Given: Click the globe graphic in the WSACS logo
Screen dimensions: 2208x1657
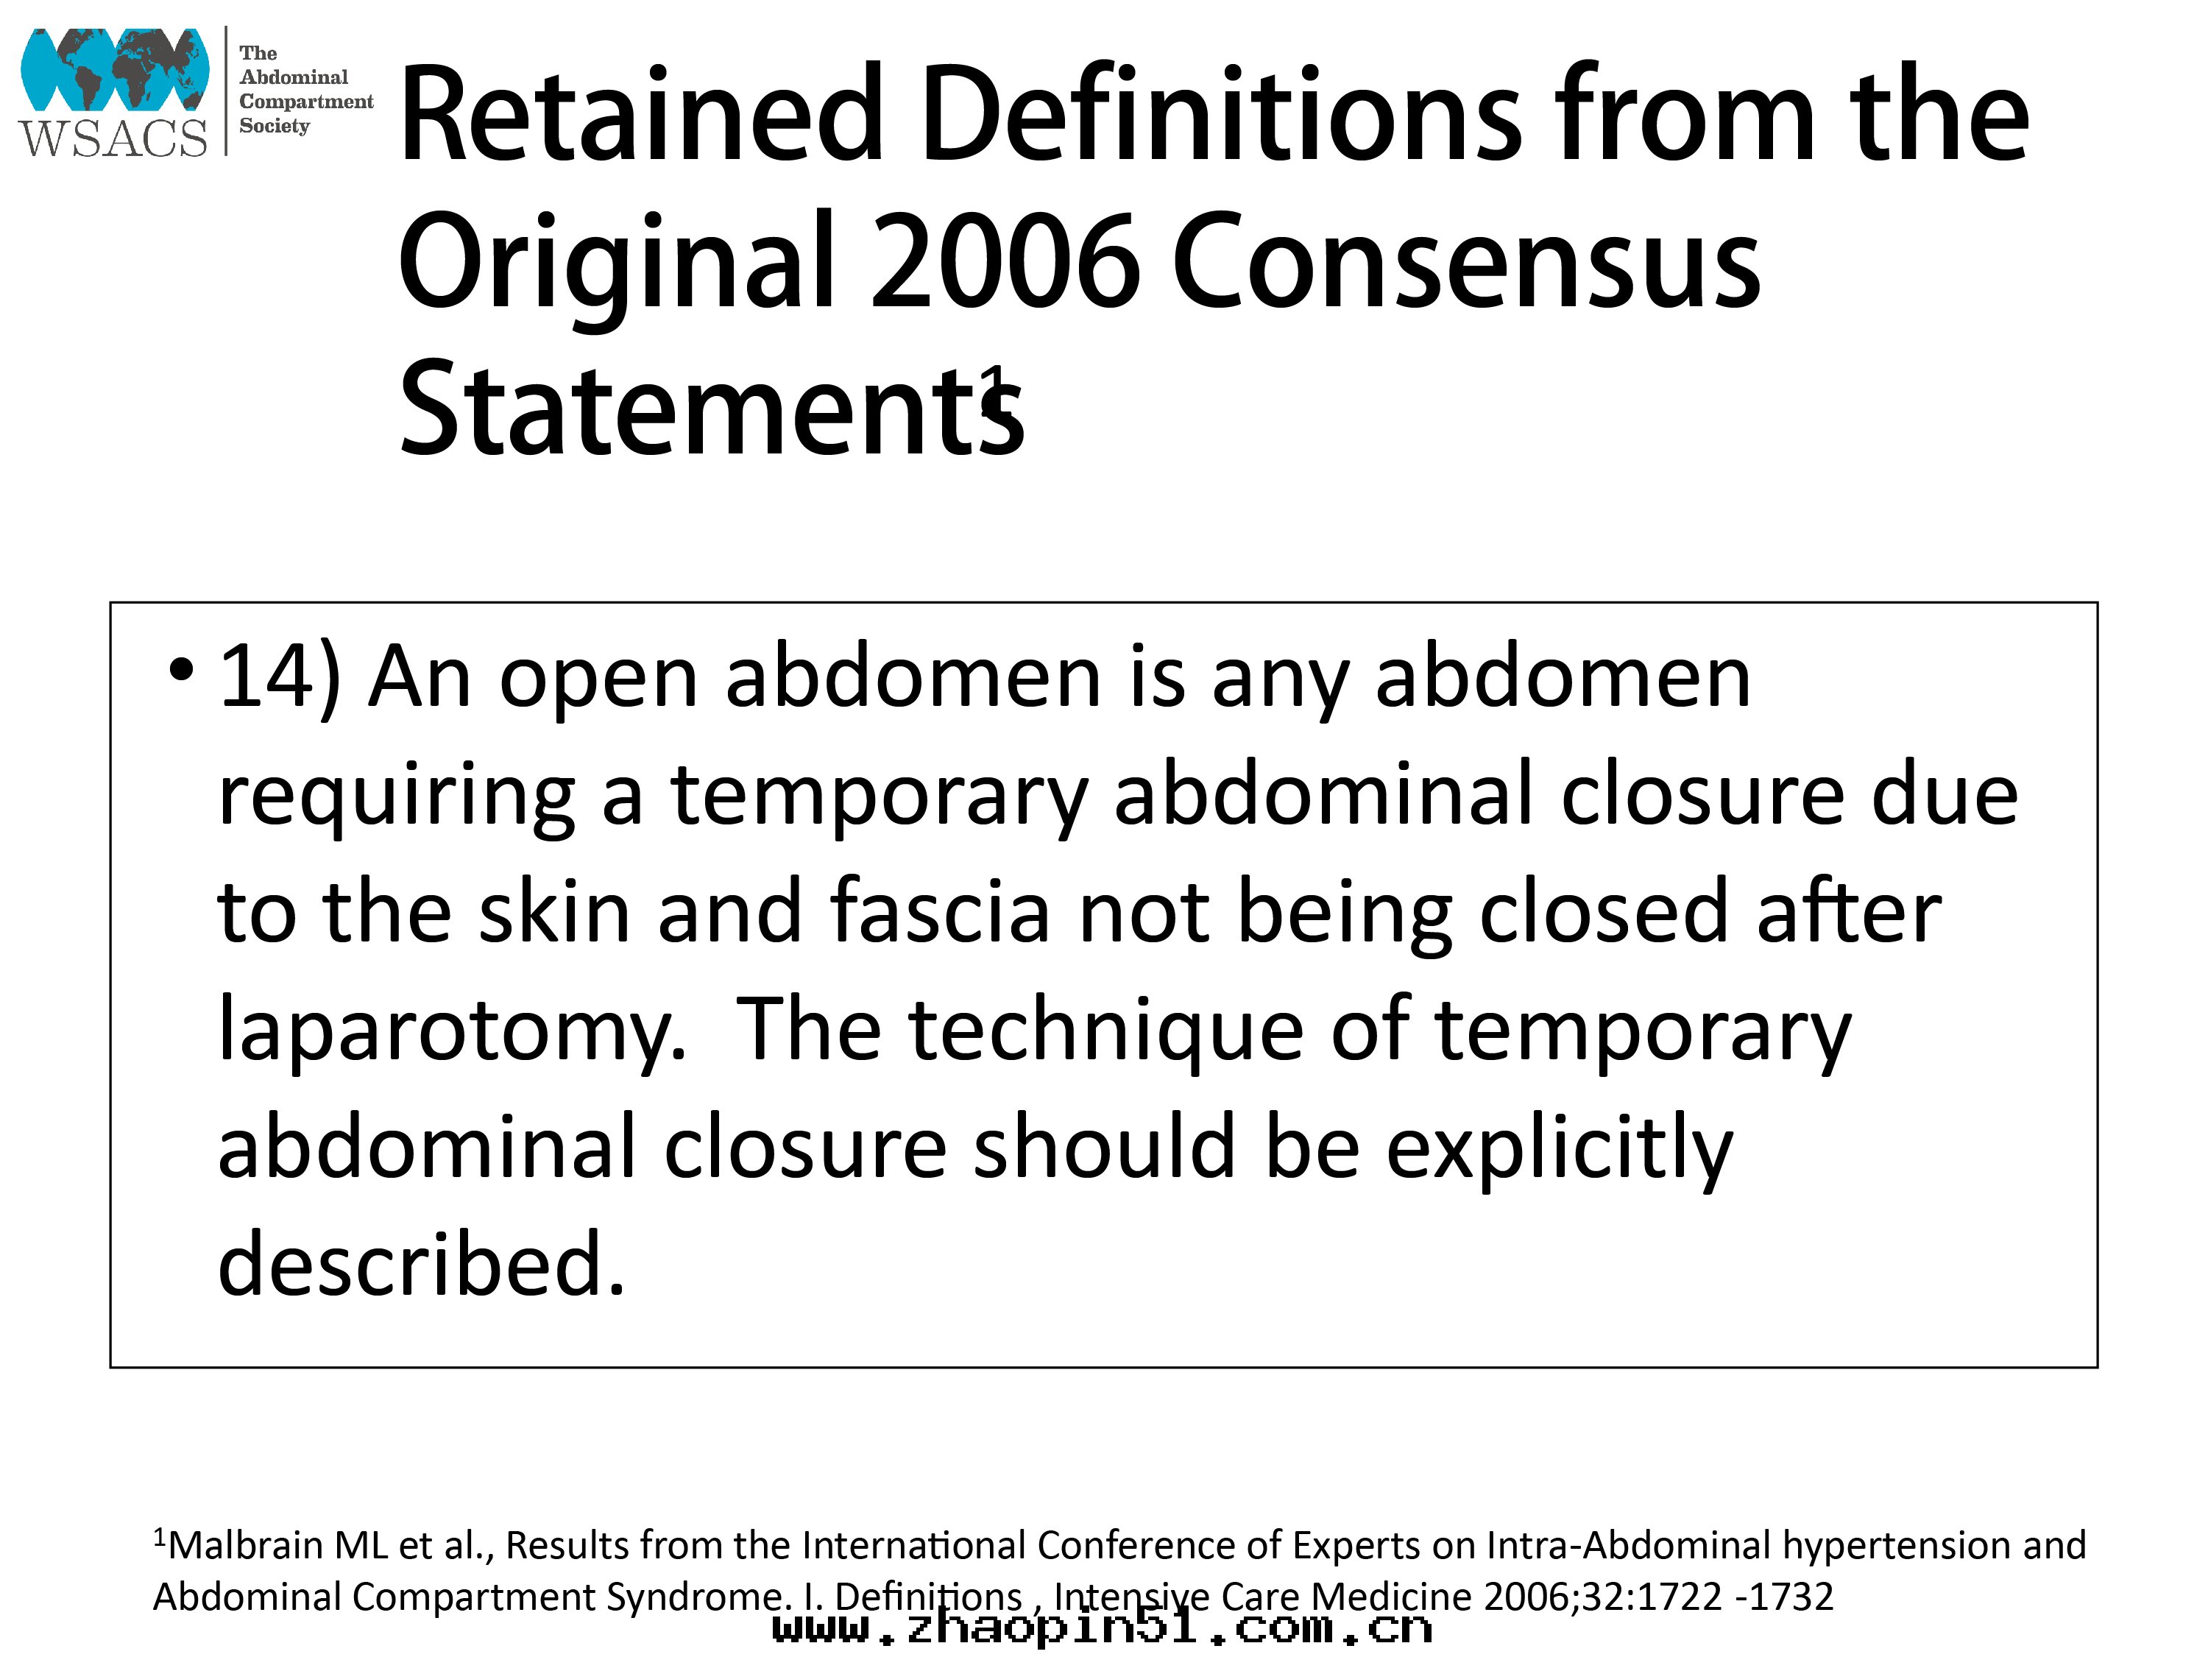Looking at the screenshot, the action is click(x=115, y=69).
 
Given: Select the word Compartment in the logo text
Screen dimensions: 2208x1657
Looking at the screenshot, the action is click(x=306, y=102).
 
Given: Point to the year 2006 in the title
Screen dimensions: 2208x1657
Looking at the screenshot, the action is click(x=1006, y=261).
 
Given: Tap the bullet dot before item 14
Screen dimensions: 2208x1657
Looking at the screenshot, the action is click(x=180, y=670).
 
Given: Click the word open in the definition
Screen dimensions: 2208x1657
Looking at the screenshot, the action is click(x=598, y=686).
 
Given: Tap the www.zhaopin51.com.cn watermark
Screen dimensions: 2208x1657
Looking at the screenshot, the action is click(x=1102, y=1629).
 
